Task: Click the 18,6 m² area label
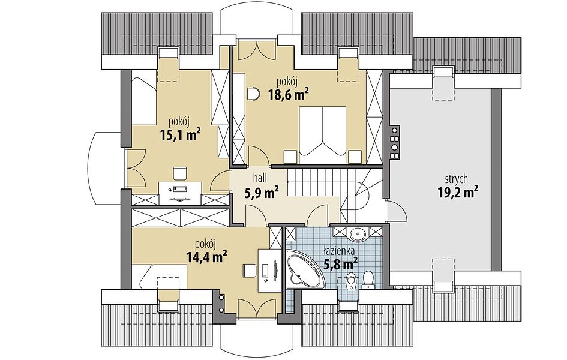(x=288, y=95)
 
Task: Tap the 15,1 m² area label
(x=180, y=135)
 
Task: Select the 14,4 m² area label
(x=206, y=257)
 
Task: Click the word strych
(x=457, y=179)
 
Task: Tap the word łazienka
(x=339, y=250)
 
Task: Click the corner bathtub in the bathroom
(x=303, y=270)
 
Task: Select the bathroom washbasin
(x=358, y=235)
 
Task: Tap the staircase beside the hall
(x=334, y=195)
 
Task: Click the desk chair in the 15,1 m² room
(x=180, y=173)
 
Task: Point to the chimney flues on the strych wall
(x=394, y=142)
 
